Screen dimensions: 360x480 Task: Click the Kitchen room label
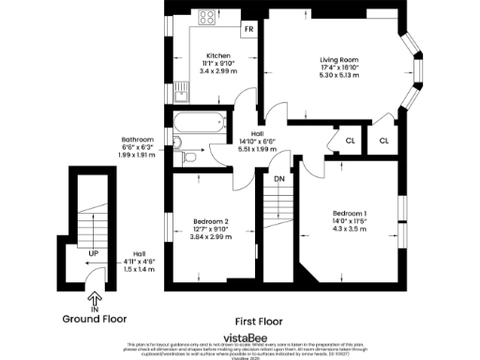pyautogui.click(x=218, y=55)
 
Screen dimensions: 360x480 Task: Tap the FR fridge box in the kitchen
pyautogui.click(x=248, y=29)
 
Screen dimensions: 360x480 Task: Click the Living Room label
pyautogui.click(x=338, y=58)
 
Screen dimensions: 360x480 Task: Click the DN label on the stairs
pyautogui.click(x=279, y=178)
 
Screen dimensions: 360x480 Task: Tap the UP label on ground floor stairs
pyautogui.click(x=94, y=253)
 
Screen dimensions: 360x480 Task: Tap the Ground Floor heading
pyautogui.click(x=94, y=319)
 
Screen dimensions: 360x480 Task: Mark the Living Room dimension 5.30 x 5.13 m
pyautogui.click(x=338, y=74)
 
